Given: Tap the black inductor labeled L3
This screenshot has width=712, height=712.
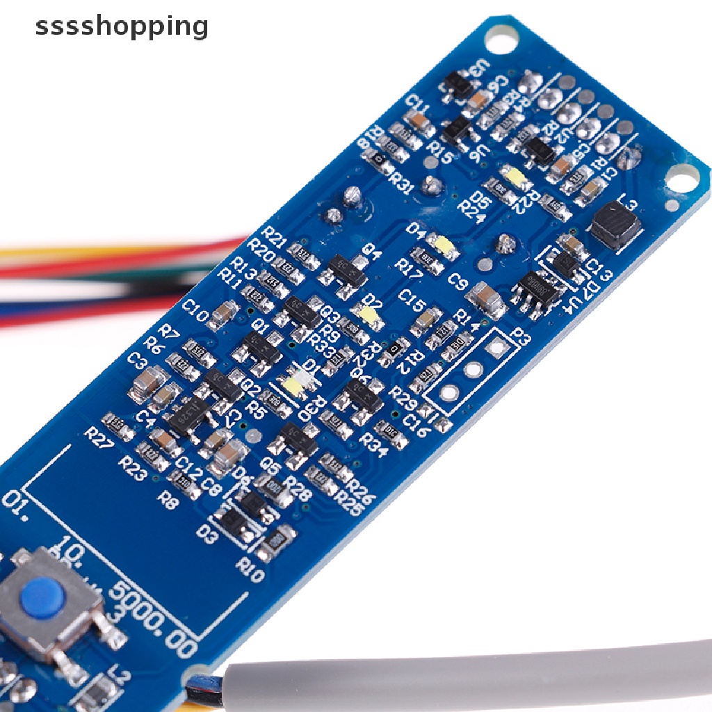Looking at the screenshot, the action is (615, 224).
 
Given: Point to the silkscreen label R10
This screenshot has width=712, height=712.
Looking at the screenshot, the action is (249, 569).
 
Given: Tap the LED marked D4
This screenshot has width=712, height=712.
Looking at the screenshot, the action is (442, 244).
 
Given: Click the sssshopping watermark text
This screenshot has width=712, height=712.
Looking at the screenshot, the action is (122, 26).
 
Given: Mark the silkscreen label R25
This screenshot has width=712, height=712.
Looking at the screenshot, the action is (348, 503).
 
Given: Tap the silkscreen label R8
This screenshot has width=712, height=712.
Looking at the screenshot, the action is (168, 499).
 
